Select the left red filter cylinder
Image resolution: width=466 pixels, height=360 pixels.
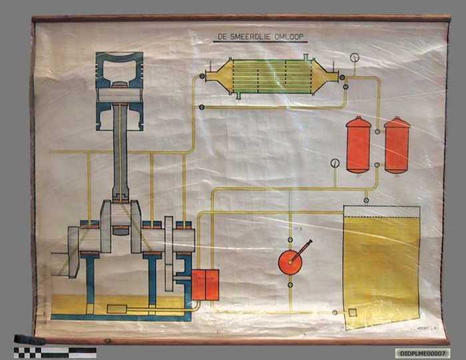tap(358, 144)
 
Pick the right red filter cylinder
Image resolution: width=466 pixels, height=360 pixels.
tap(397, 144)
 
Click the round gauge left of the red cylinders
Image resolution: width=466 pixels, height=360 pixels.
tap(335, 163)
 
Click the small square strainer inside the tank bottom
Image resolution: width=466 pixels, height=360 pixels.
tap(352, 313)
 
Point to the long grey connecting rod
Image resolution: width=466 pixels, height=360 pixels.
tap(120, 153)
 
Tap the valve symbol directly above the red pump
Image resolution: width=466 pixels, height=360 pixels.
tap(290, 239)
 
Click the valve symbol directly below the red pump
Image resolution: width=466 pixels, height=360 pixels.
tap(290, 285)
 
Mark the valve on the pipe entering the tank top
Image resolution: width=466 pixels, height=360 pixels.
tap(366, 200)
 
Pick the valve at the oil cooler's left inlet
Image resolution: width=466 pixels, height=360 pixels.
tap(201, 78)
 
